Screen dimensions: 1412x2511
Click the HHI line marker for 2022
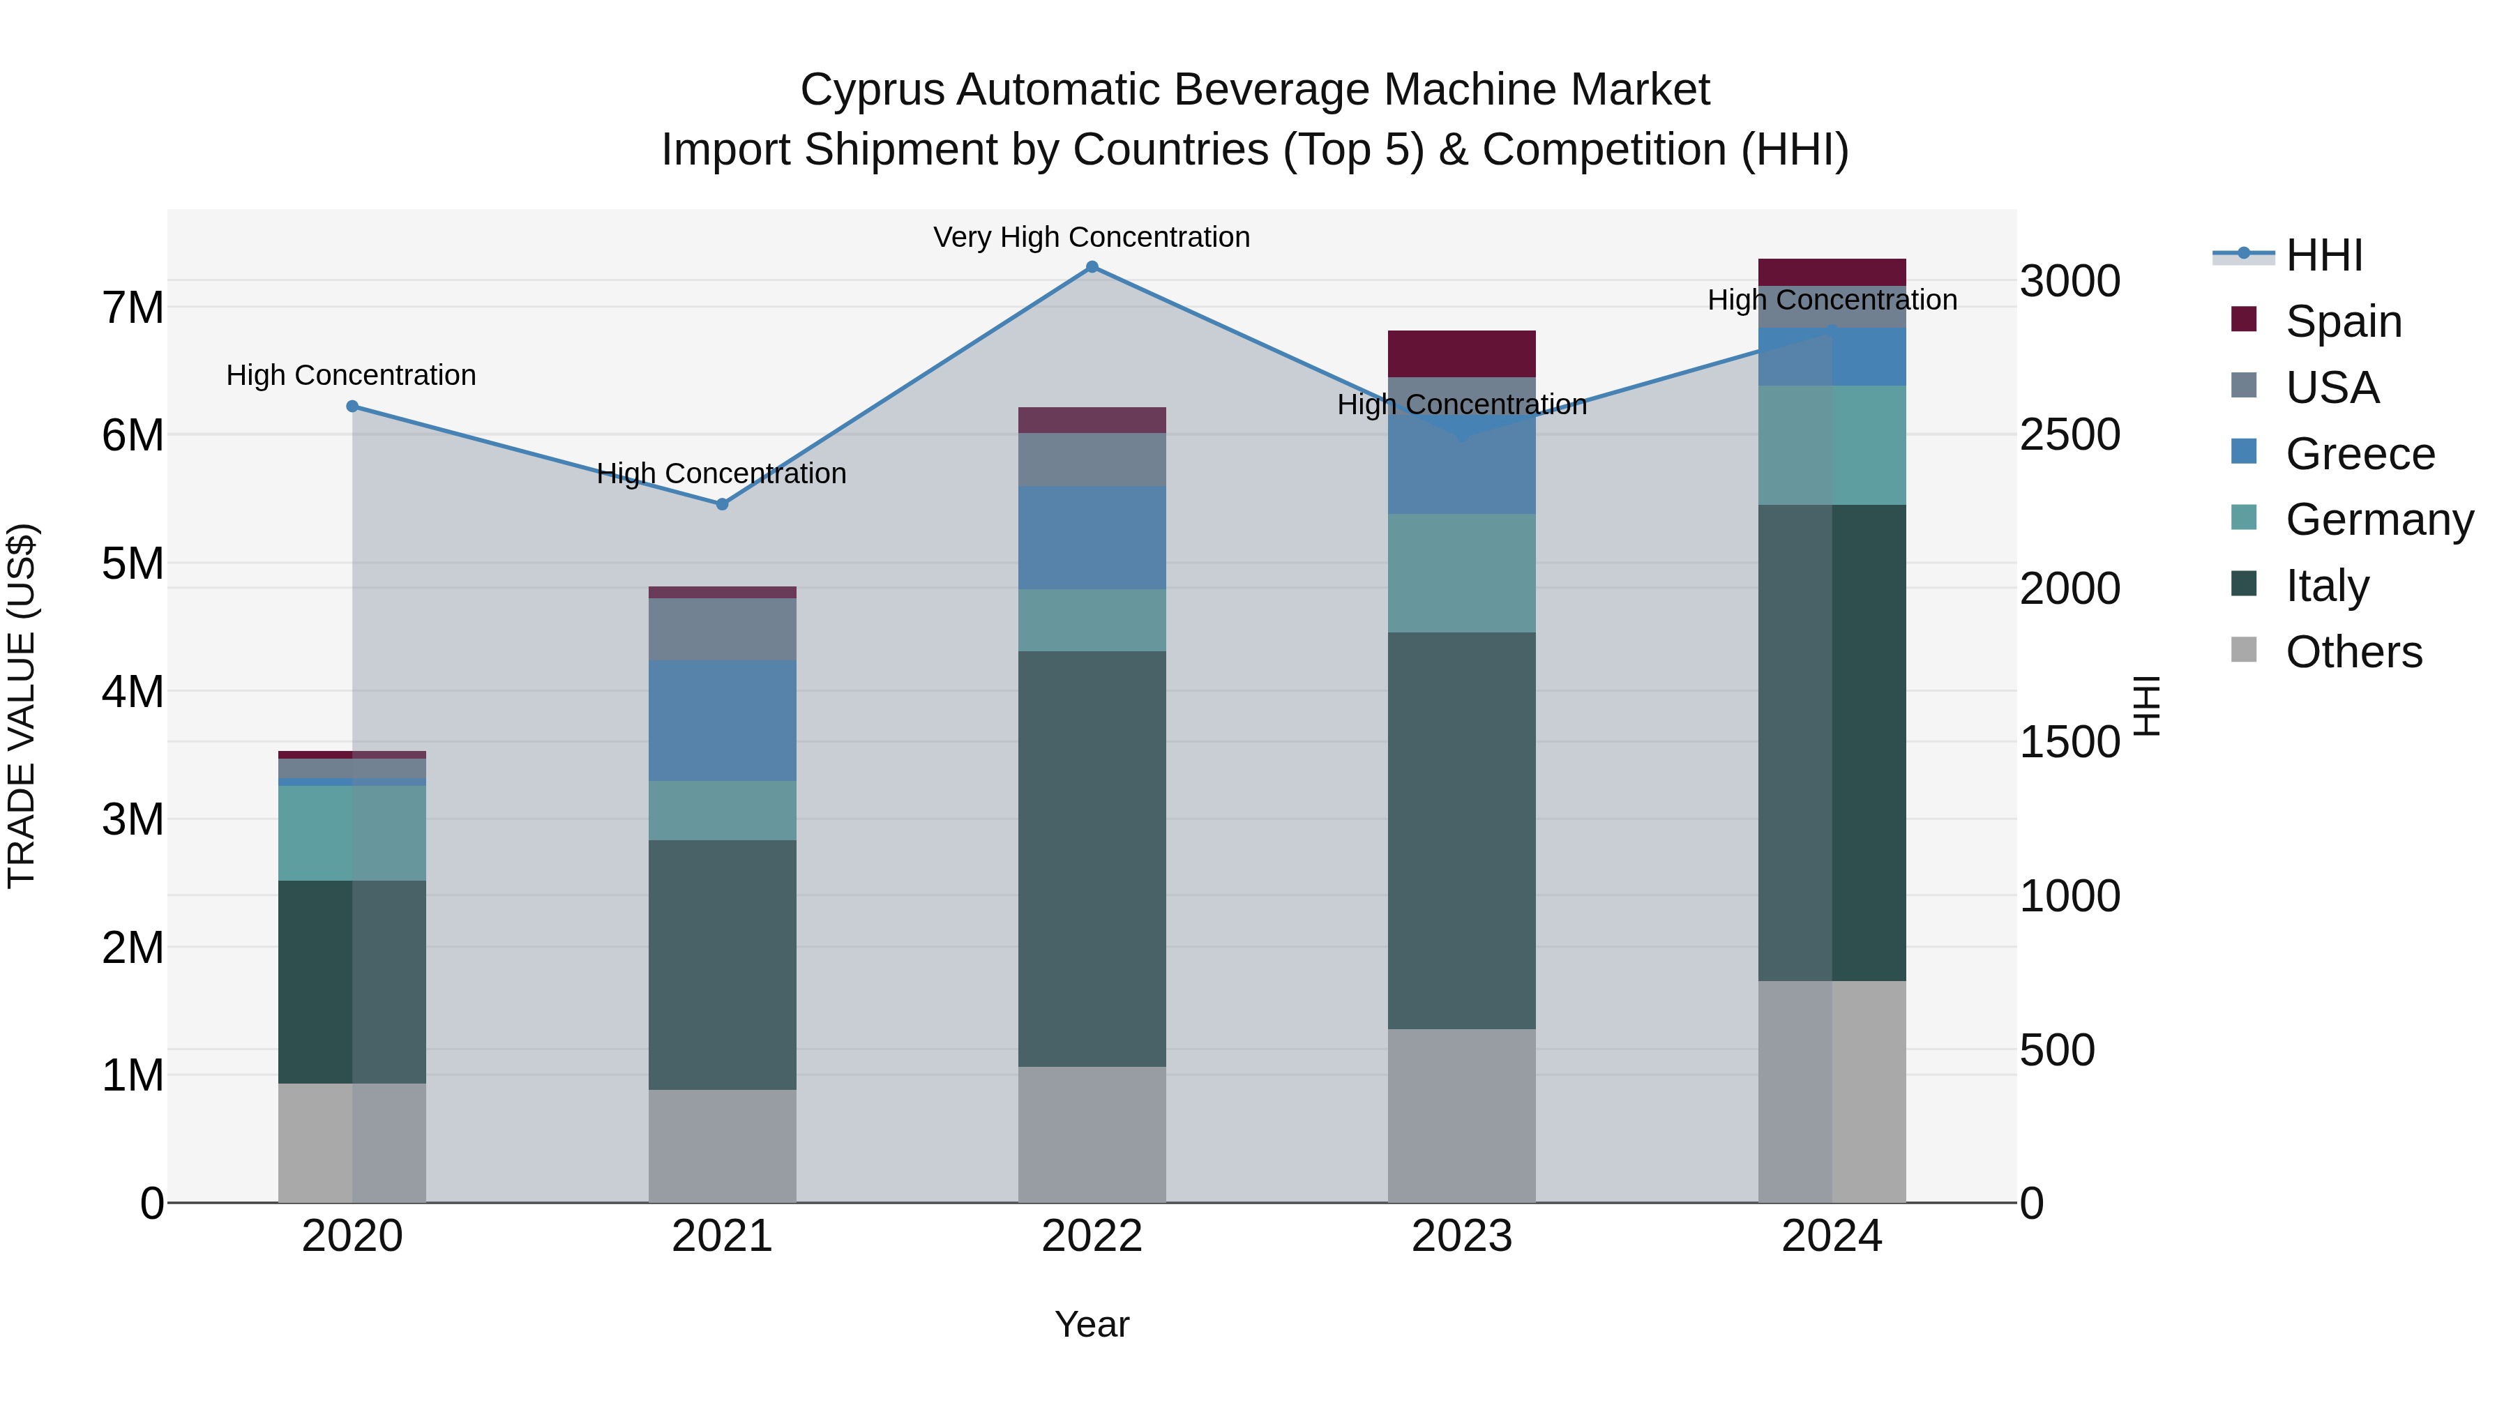1092,267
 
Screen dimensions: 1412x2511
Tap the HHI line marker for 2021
723,505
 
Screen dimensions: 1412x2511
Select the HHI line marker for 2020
353,407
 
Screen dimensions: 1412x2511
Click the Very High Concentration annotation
1091,238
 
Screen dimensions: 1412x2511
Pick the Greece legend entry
2359,454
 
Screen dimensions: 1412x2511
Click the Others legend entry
2353,652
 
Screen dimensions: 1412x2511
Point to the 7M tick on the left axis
133,308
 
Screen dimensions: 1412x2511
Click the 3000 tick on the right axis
2069,282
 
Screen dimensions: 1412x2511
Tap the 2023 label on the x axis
1461,1236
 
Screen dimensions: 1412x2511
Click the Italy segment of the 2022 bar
1092,858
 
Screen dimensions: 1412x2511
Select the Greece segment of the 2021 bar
723,720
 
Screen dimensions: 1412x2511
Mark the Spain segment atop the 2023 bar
1461,354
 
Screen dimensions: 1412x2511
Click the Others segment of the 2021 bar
723,1145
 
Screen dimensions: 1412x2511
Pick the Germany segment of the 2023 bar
1461,573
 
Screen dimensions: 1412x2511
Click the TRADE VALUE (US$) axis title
22,706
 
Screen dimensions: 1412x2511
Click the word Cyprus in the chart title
873,91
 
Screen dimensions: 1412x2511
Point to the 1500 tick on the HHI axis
2069,743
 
